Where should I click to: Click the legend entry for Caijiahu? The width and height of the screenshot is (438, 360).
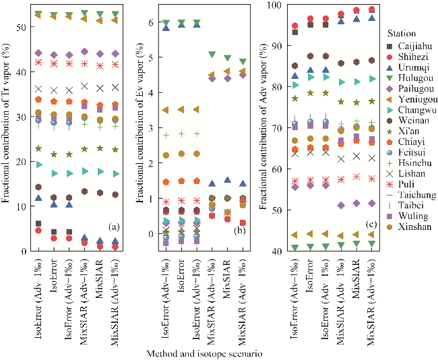click(410, 44)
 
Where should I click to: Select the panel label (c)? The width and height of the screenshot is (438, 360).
click(370, 224)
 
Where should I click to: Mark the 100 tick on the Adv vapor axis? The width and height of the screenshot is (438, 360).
click(276, 6)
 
